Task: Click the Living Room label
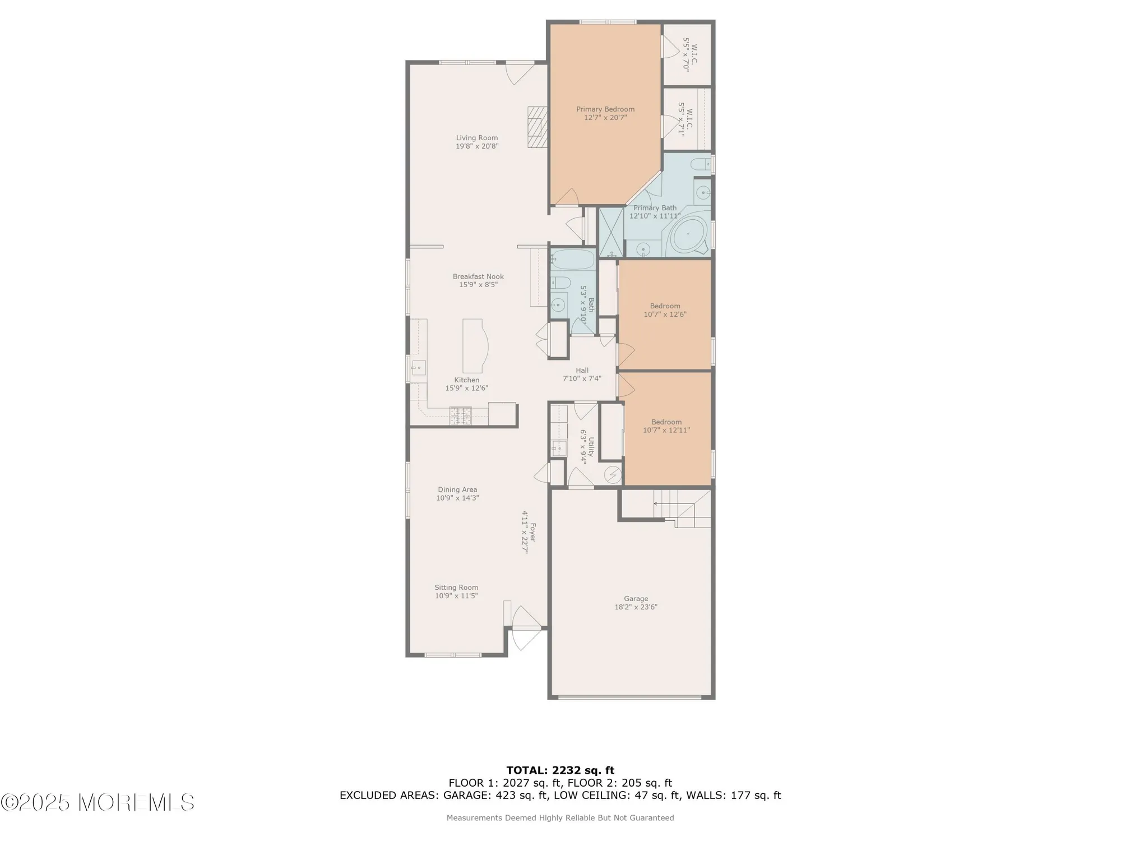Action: coord(476,138)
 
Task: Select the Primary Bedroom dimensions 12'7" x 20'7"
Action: coord(605,118)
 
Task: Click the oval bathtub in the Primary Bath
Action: coord(688,233)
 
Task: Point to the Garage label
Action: coord(636,599)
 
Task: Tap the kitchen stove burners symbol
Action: coord(460,415)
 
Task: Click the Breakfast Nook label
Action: coord(478,276)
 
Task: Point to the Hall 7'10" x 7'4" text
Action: coord(582,378)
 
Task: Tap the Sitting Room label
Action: coord(456,588)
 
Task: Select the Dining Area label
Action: coord(457,489)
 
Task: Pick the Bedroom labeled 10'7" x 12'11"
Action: coord(666,426)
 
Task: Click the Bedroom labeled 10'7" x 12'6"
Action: coord(665,310)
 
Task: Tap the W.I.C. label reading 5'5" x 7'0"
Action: coord(690,54)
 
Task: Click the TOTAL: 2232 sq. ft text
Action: coord(560,770)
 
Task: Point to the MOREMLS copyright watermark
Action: coord(98,802)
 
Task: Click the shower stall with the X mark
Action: coord(611,232)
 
